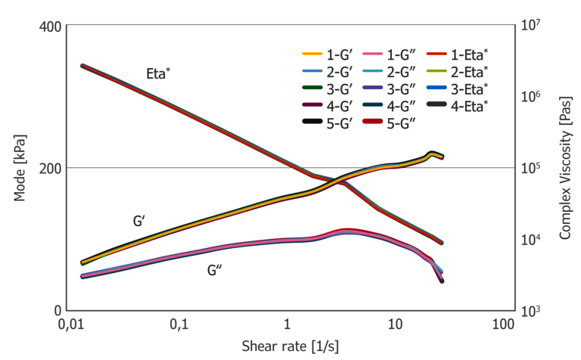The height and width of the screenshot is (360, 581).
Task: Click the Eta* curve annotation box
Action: pos(159,73)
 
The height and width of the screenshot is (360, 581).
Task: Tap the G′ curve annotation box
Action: pos(139,221)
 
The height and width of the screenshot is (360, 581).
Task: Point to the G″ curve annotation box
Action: pos(214,271)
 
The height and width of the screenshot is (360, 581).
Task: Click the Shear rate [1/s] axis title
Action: pos(290,346)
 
